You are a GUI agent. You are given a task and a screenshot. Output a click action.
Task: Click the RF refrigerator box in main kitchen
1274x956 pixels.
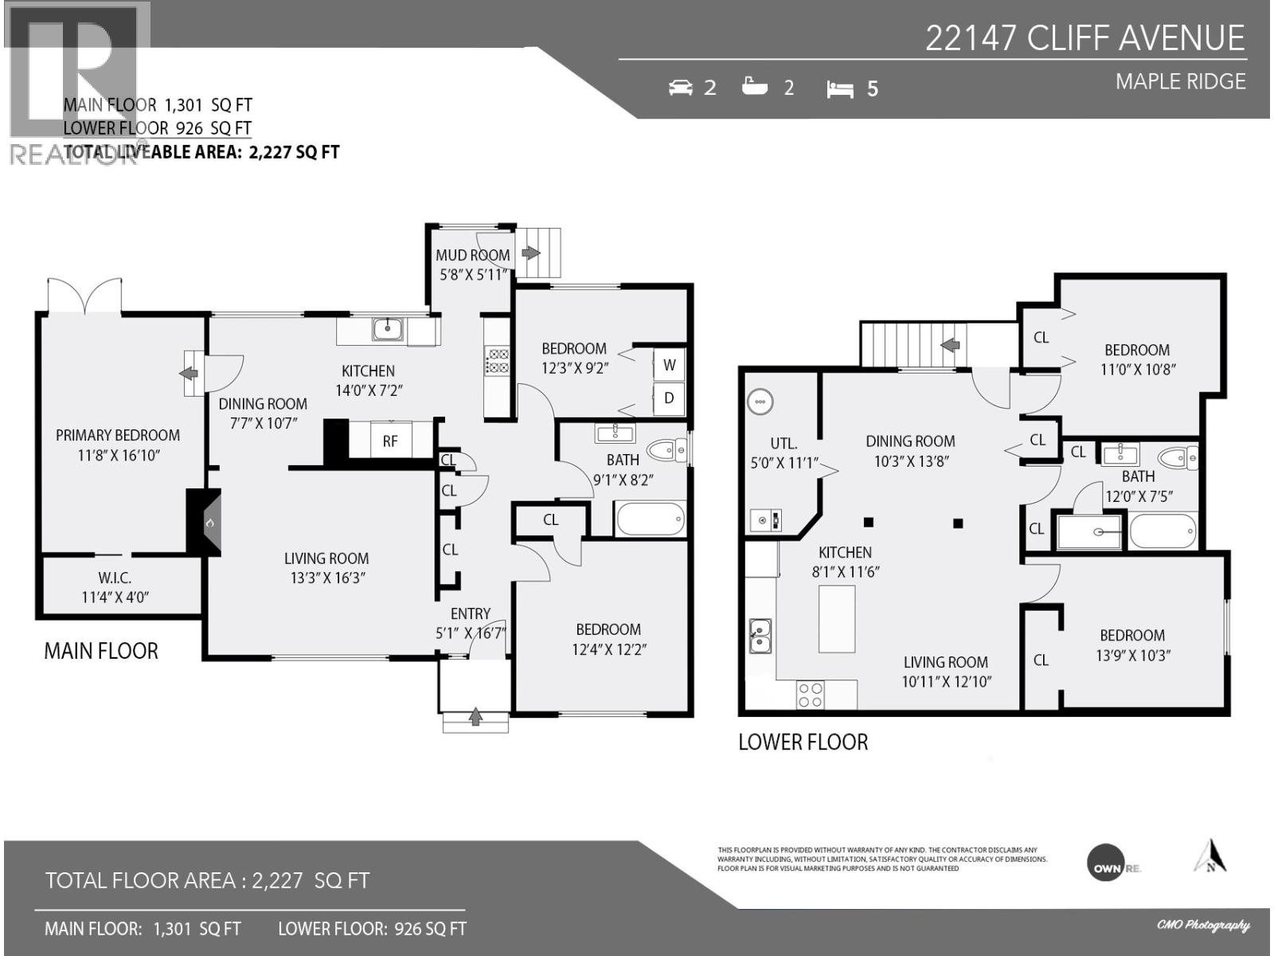pyautogui.click(x=390, y=441)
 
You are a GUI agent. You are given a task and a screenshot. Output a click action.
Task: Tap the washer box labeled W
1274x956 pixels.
pyautogui.click(x=669, y=365)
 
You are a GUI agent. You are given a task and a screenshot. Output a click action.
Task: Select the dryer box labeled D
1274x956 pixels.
pyautogui.click(x=669, y=398)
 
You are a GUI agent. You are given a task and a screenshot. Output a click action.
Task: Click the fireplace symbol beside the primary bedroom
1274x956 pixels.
pyautogui.click(x=205, y=522)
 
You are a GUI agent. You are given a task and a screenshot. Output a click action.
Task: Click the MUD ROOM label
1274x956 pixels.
pyautogui.click(x=472, y=256)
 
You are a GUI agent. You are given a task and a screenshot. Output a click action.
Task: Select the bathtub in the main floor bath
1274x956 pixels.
pyautogui.click(x=650, y=519)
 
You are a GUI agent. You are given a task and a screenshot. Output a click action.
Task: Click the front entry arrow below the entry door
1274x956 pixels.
pyautogui.click(x=475, y=717)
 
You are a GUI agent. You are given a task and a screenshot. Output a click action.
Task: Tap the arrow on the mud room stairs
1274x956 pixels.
pyautogui.click(x=530, y=253)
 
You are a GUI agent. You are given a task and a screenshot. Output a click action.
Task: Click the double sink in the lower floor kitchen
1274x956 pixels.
pyautogui.click(x=760, y=636)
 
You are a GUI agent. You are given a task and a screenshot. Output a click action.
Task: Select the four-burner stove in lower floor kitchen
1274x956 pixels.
pyautogui.click(x=811, y=695)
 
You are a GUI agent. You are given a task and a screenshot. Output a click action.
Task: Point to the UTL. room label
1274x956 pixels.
pyautogui.click(x=784, y=444)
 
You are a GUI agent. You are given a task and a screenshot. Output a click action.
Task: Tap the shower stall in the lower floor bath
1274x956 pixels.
pyautogui.click(x=1090, y=531)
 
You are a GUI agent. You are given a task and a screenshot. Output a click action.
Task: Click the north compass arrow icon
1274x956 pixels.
pyautogui.click(x=1210, y=856)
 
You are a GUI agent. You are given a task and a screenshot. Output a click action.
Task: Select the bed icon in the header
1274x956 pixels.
pyautogui.click(x=840, y=88)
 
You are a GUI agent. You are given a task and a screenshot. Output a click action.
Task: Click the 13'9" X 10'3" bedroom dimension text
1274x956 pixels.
pyautogui.click(x=1131, y=656)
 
